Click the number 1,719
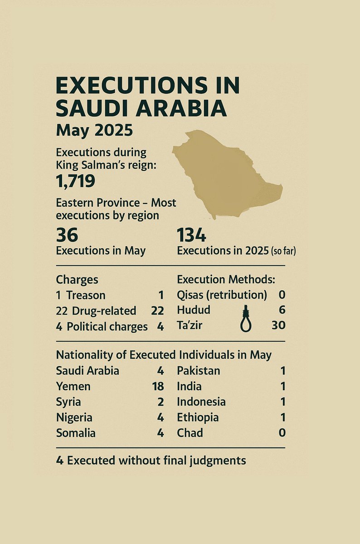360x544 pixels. [75, 181]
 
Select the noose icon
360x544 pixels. [246, 318]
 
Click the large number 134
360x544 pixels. [191, 235]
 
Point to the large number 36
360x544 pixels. [67, 235]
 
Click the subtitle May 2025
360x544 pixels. [94, 131]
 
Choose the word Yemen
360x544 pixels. [73, 387]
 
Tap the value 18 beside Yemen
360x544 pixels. [156, 387]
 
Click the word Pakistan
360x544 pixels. [198, 371]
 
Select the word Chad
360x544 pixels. [190, 433]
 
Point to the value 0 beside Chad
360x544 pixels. [282, 433]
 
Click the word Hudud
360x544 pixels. [194, 311]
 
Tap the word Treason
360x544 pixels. [86, 295]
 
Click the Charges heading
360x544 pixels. [77, 280]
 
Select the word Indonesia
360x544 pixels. [201, 402]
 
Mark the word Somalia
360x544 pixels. [76, 433]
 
